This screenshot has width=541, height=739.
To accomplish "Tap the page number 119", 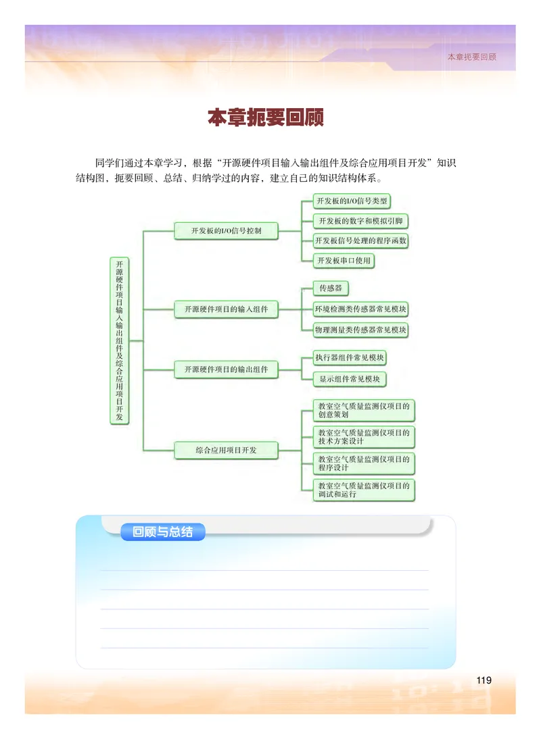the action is point(484,680).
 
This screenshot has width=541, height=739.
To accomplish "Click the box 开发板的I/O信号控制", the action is point(226,231).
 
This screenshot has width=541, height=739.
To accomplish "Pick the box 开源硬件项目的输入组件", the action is point(226,309).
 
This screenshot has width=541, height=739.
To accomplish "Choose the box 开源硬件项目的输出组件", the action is point(226,369).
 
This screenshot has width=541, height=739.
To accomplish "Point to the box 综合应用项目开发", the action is point(226,450).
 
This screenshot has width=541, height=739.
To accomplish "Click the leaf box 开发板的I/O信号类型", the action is point(352,201).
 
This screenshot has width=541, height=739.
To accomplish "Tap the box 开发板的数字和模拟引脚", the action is point(362,221).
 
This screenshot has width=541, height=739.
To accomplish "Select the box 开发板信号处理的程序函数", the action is point(362,240).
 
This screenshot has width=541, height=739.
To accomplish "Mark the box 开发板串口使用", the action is point(344,261).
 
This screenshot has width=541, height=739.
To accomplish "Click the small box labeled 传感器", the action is point(330,288).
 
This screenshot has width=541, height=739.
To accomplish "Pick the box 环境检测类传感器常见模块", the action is point(362,309).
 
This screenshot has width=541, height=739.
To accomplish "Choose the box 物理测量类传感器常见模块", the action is point(362,330).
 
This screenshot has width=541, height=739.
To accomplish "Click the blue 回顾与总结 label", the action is point(162,532).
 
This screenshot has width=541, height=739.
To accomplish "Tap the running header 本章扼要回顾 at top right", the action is point(471,57).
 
